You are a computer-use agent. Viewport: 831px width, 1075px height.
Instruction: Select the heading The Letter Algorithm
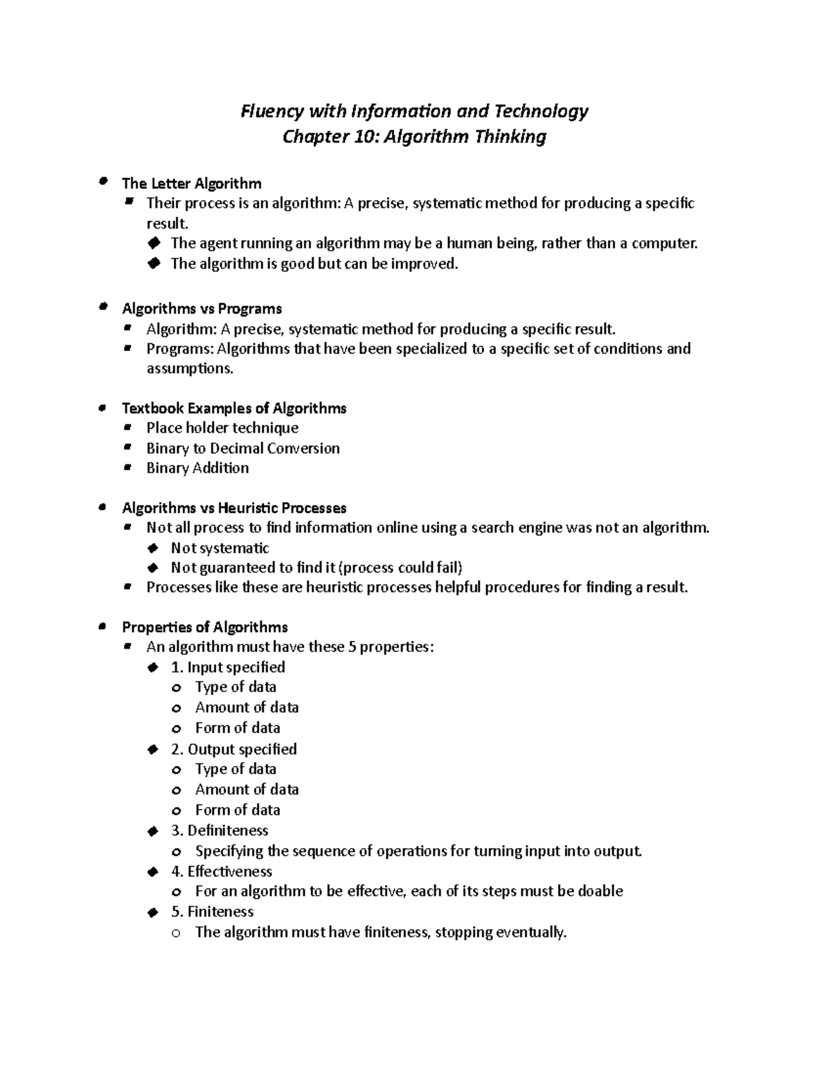point(191,183)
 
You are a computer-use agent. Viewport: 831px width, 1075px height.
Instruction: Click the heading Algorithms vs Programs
point(202,309)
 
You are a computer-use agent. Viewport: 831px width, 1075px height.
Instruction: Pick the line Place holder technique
point(222,428)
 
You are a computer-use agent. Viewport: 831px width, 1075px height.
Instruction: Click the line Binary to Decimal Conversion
point(242,449)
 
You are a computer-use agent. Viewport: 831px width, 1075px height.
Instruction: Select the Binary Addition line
point(197,469)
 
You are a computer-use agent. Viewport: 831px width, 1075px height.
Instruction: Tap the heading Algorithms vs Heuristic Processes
point(233,508)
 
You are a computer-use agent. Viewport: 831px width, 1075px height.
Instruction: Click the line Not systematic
point(220,548)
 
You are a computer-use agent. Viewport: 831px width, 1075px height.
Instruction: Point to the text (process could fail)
point(400,568)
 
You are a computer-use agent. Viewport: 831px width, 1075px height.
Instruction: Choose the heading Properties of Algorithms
point(204,627)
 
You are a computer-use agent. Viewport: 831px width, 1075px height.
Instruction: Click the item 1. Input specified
point(228,667)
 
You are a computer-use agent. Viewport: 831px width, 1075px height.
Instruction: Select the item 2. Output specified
point(233,750)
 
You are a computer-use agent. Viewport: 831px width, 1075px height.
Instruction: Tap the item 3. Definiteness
point(220,831)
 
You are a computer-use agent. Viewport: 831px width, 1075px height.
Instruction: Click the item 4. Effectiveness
point(222,871)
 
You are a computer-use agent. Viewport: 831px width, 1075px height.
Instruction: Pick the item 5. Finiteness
point(212,912)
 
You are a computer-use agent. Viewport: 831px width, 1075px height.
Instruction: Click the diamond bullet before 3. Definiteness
point(153,831)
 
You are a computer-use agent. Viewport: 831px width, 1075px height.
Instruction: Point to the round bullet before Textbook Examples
point(102,408)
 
